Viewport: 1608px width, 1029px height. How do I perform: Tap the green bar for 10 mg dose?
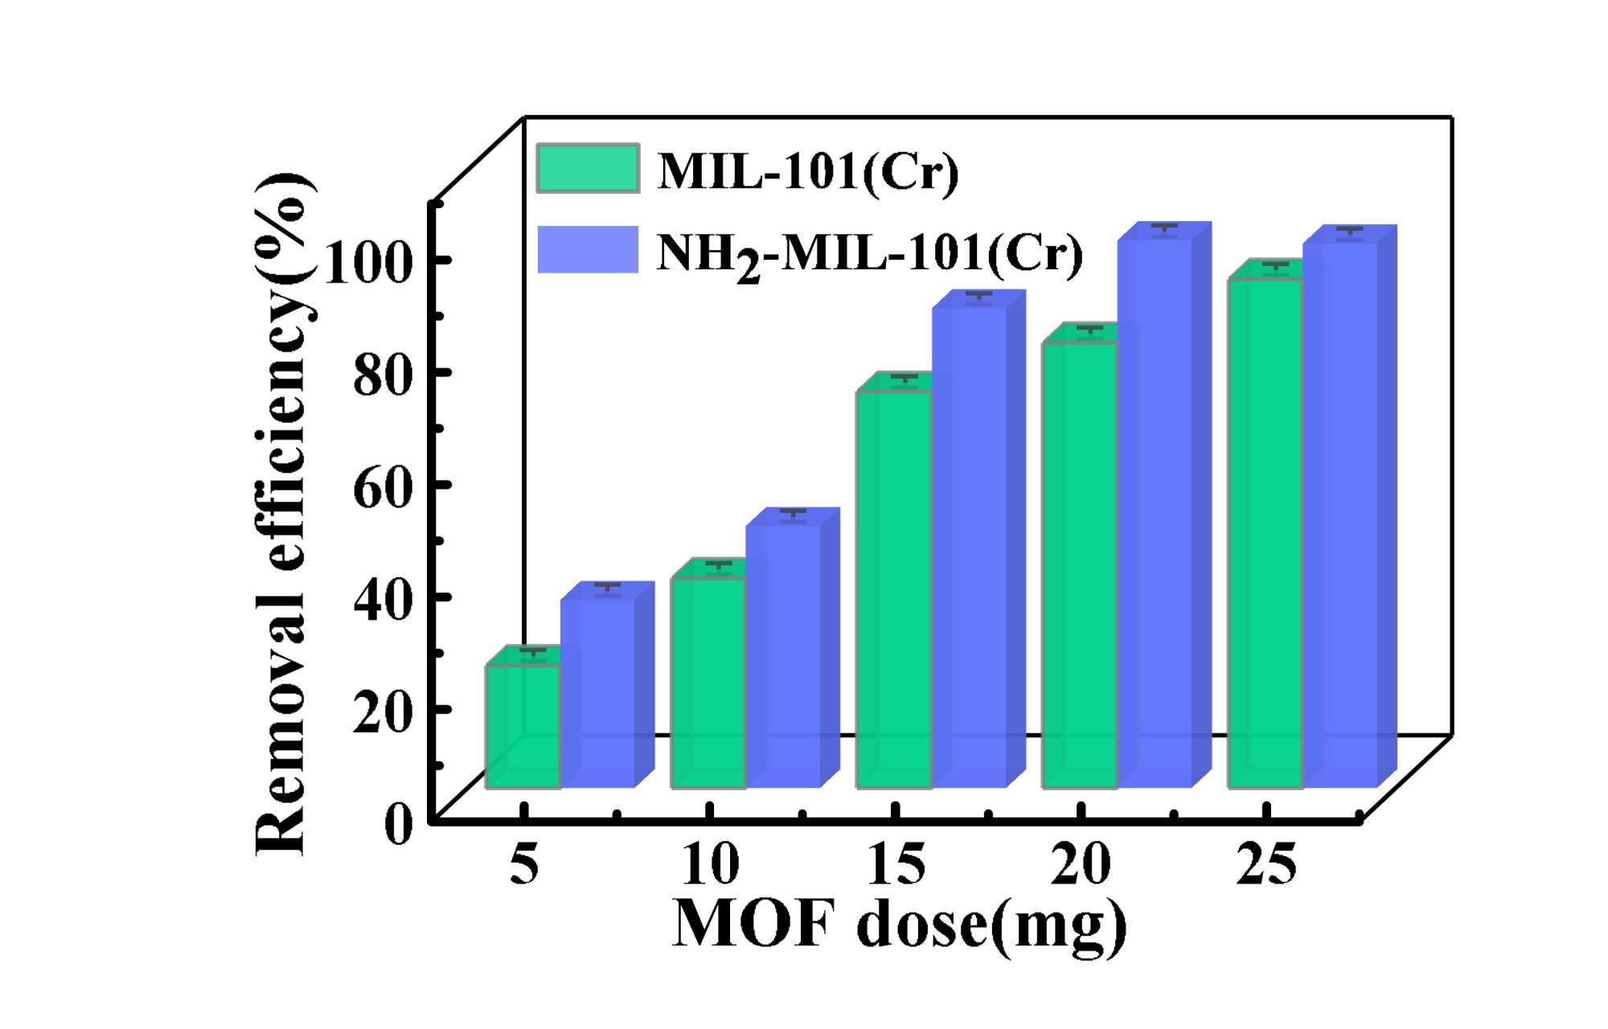[x=708, y=683]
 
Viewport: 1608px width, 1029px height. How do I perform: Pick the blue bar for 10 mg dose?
[x=783, y=655]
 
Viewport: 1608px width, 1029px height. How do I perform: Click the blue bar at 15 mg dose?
[x=969, y=547]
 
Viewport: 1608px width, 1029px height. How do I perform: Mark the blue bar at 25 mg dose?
[x=1340, y=514]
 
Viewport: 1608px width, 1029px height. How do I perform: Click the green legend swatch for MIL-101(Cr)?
[x=588, y=168]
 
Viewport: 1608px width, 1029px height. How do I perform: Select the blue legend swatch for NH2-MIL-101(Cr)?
[x=588, y=249]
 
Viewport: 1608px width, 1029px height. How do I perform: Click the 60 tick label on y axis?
[x=383, y=487]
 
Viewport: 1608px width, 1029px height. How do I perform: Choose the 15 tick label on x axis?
[x=896, y=865]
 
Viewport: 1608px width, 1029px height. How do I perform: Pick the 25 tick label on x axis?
[x=1266, y=865]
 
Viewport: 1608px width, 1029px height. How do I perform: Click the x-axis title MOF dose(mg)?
[x=899, y=925]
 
